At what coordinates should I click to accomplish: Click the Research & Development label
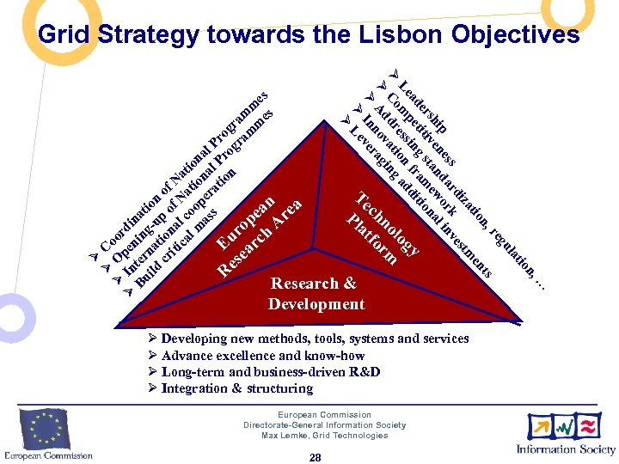coord(316,294)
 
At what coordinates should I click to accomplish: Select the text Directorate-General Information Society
coord(324,425)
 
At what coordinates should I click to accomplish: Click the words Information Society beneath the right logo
coord(565,449)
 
